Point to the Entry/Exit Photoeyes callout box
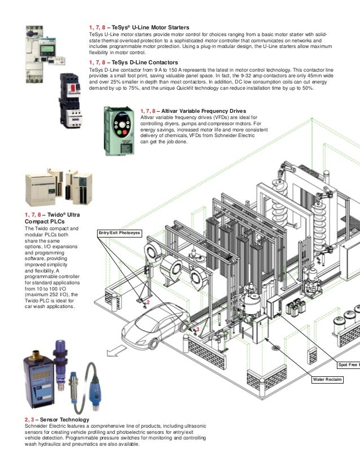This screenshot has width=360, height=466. click(118, 232)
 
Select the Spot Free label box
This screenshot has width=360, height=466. click(348, 365)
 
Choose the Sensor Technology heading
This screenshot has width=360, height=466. click(56, 420)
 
